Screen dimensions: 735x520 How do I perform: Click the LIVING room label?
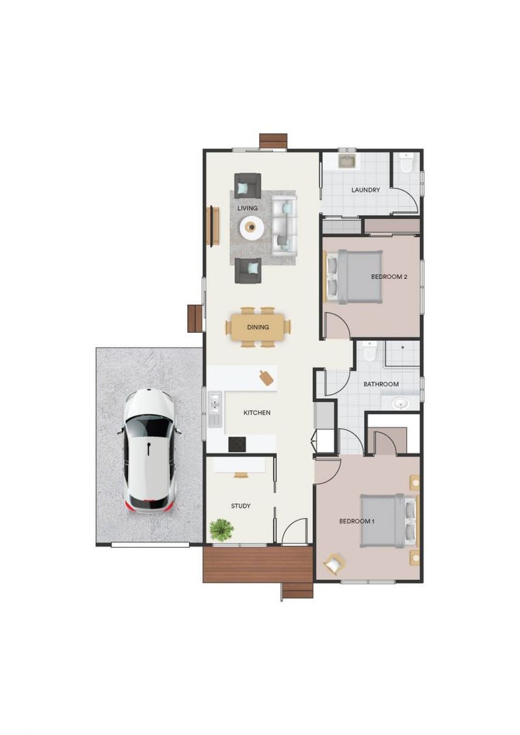(x=247, y=207)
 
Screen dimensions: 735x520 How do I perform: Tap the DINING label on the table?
(x=258, y=327)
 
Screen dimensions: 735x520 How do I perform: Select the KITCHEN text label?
(x=257, y=412)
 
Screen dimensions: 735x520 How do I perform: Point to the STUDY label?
(x=240, y=506)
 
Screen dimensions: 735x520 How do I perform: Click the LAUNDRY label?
(x=365, y=190)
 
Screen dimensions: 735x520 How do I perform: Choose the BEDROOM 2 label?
(x=389, y=276)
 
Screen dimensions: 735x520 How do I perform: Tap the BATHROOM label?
(x=380, y=385)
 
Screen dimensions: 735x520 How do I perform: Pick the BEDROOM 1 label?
(x=357, y=521)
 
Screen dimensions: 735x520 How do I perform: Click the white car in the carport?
(x=149, y=451)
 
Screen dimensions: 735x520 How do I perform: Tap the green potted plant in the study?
(x=221, y=529)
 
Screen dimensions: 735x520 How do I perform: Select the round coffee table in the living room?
(x=251, y=227)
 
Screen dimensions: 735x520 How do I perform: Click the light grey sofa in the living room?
(x=285, y=224)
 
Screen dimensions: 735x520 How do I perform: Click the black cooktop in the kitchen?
(x=237, y=444)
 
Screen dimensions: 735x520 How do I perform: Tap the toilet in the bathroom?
(x=369, y=351)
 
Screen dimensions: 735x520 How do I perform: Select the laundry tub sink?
(x=347, y=161)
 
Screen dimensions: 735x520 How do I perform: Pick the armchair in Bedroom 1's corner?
(x=334, y=564)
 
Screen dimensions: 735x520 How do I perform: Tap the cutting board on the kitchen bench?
(x=267, y=377)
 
